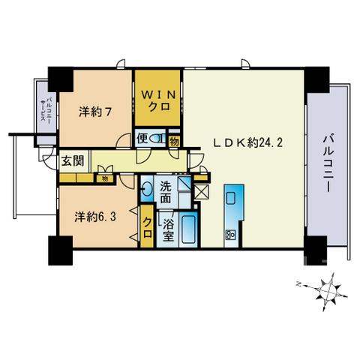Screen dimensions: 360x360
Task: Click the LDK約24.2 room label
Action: [x=247, y=143]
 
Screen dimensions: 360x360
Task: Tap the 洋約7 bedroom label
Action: [x=95, y=112]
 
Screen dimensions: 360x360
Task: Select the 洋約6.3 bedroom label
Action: [x=95, y=217]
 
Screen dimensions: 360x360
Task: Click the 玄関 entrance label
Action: [x=73, y=161]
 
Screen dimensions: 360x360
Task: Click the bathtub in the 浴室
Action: [x=189, y=229]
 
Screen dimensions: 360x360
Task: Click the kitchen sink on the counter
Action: [x=231, y=198]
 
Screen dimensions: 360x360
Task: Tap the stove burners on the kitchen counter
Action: [x=230, y=235]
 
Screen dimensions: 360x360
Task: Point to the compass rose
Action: [x=327, y=291]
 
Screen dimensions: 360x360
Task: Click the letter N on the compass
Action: [x=298, y=284]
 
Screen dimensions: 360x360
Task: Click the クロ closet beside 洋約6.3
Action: [x=147, y=227]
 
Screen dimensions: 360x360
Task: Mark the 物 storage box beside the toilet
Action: [x=174, y=142]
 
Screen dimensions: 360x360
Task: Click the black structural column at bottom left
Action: [x=60, y=250]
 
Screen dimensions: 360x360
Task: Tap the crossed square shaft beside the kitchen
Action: [x=201, y=192]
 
